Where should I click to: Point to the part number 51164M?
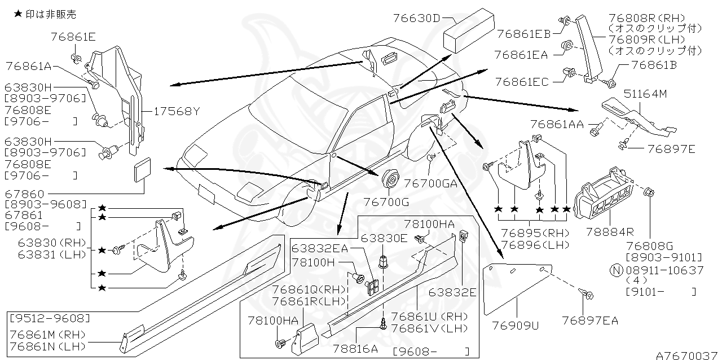[644, 94]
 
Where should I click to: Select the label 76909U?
[515, 326]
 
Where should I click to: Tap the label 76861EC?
[522, 82]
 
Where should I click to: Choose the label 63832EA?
[319, 248]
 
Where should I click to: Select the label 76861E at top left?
[73, 37]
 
